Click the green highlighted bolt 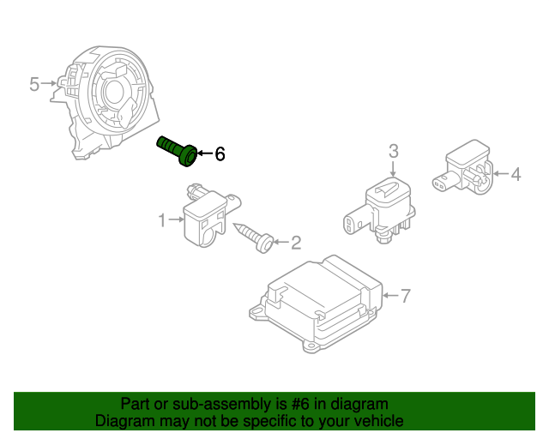[178, 151]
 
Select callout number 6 [220, 153]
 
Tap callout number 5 [34, 84]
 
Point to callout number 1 [162, 220]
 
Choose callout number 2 [296, 243]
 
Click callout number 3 [394, 151]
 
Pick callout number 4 [516, 174]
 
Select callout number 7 [405, 296]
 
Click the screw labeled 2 [254, 237]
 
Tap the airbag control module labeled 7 [316, 304]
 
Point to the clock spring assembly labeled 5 [105, 102]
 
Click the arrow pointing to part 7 [391, 296]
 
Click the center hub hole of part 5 [114, 92]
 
